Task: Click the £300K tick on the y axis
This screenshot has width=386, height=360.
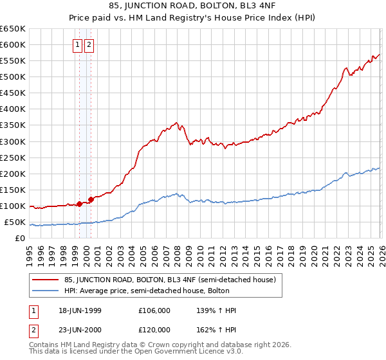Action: coord(12,141)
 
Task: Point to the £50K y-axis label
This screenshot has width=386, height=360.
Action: coord(15,222)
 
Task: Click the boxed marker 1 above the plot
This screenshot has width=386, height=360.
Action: coord(77,45)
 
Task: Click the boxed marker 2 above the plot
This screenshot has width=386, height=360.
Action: coord(89,45)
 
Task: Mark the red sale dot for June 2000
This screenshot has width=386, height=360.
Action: coord(91,199)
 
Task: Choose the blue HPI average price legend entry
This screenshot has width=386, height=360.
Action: coord(154,291)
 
